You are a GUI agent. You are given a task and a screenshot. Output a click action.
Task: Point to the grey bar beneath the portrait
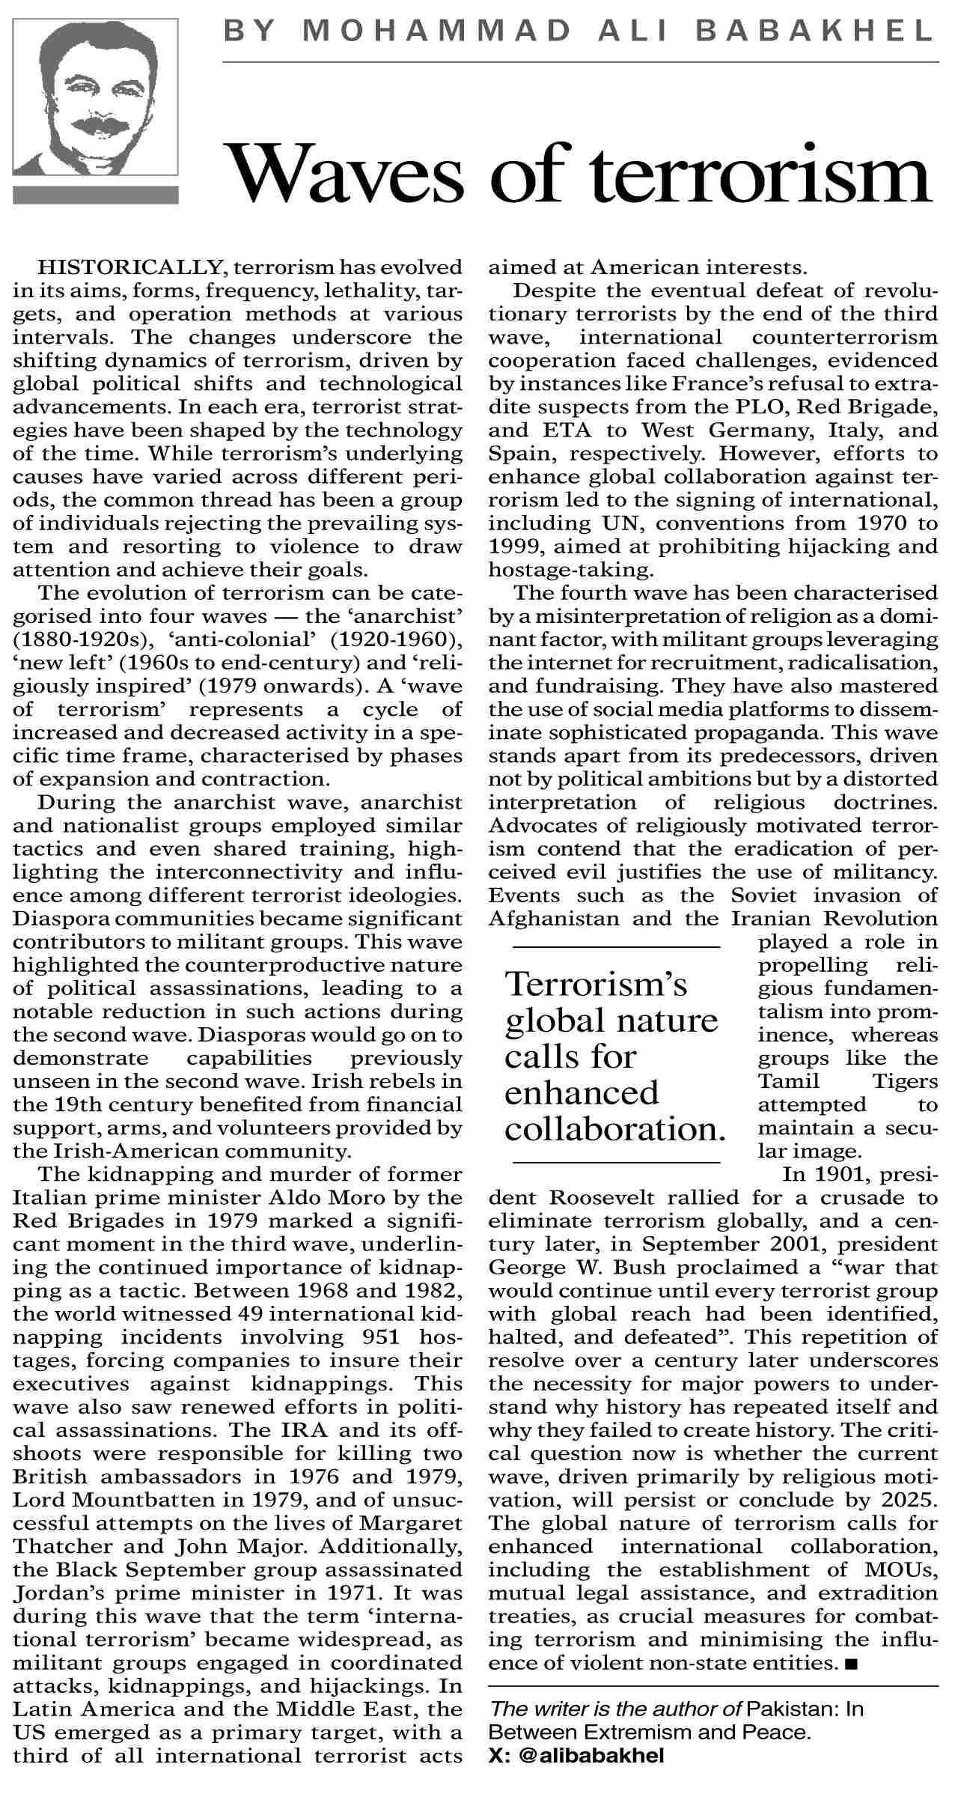click(96, 195)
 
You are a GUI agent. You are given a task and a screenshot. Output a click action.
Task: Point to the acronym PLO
click(758, 407)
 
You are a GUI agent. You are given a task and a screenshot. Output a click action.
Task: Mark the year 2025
click(909, 1499)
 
